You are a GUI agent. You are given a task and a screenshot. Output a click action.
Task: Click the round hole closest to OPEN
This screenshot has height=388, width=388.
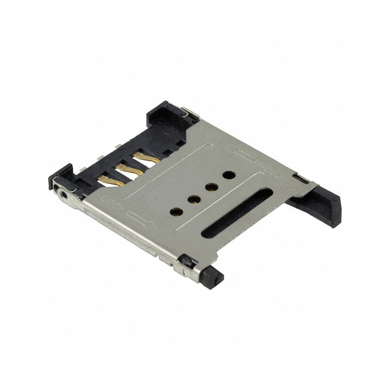[x=229, y=175]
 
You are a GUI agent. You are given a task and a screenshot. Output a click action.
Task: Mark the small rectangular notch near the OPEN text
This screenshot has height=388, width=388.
[x=302, y=179]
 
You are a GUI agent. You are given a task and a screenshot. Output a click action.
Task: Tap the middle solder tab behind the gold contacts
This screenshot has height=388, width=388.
[x=99, y=158]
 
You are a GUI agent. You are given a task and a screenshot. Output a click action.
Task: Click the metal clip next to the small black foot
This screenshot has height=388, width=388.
[x=187, y=262]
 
